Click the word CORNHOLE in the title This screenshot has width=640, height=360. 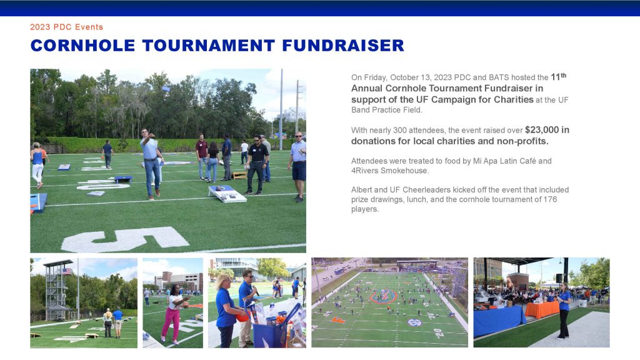click(83, 45)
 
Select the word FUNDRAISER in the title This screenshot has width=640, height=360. click(343, 45)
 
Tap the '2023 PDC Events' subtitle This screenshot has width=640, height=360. click(66, 27)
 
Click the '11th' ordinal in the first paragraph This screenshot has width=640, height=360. click(558, 76)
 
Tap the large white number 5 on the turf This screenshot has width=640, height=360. click(125, 239)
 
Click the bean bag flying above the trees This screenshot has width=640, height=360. click(166, 88)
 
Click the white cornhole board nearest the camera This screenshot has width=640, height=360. click(227, 194)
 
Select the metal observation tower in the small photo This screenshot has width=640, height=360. click(56, 290)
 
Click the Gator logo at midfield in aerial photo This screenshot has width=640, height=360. click(383, 296)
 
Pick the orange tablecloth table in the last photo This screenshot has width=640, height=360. click(542, 309)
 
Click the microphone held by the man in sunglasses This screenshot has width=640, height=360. click(255, 289)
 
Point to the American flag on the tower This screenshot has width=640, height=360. click(67, 271)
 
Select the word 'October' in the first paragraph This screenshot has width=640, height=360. click(404, 77)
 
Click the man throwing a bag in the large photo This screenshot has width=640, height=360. click(151, 164)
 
